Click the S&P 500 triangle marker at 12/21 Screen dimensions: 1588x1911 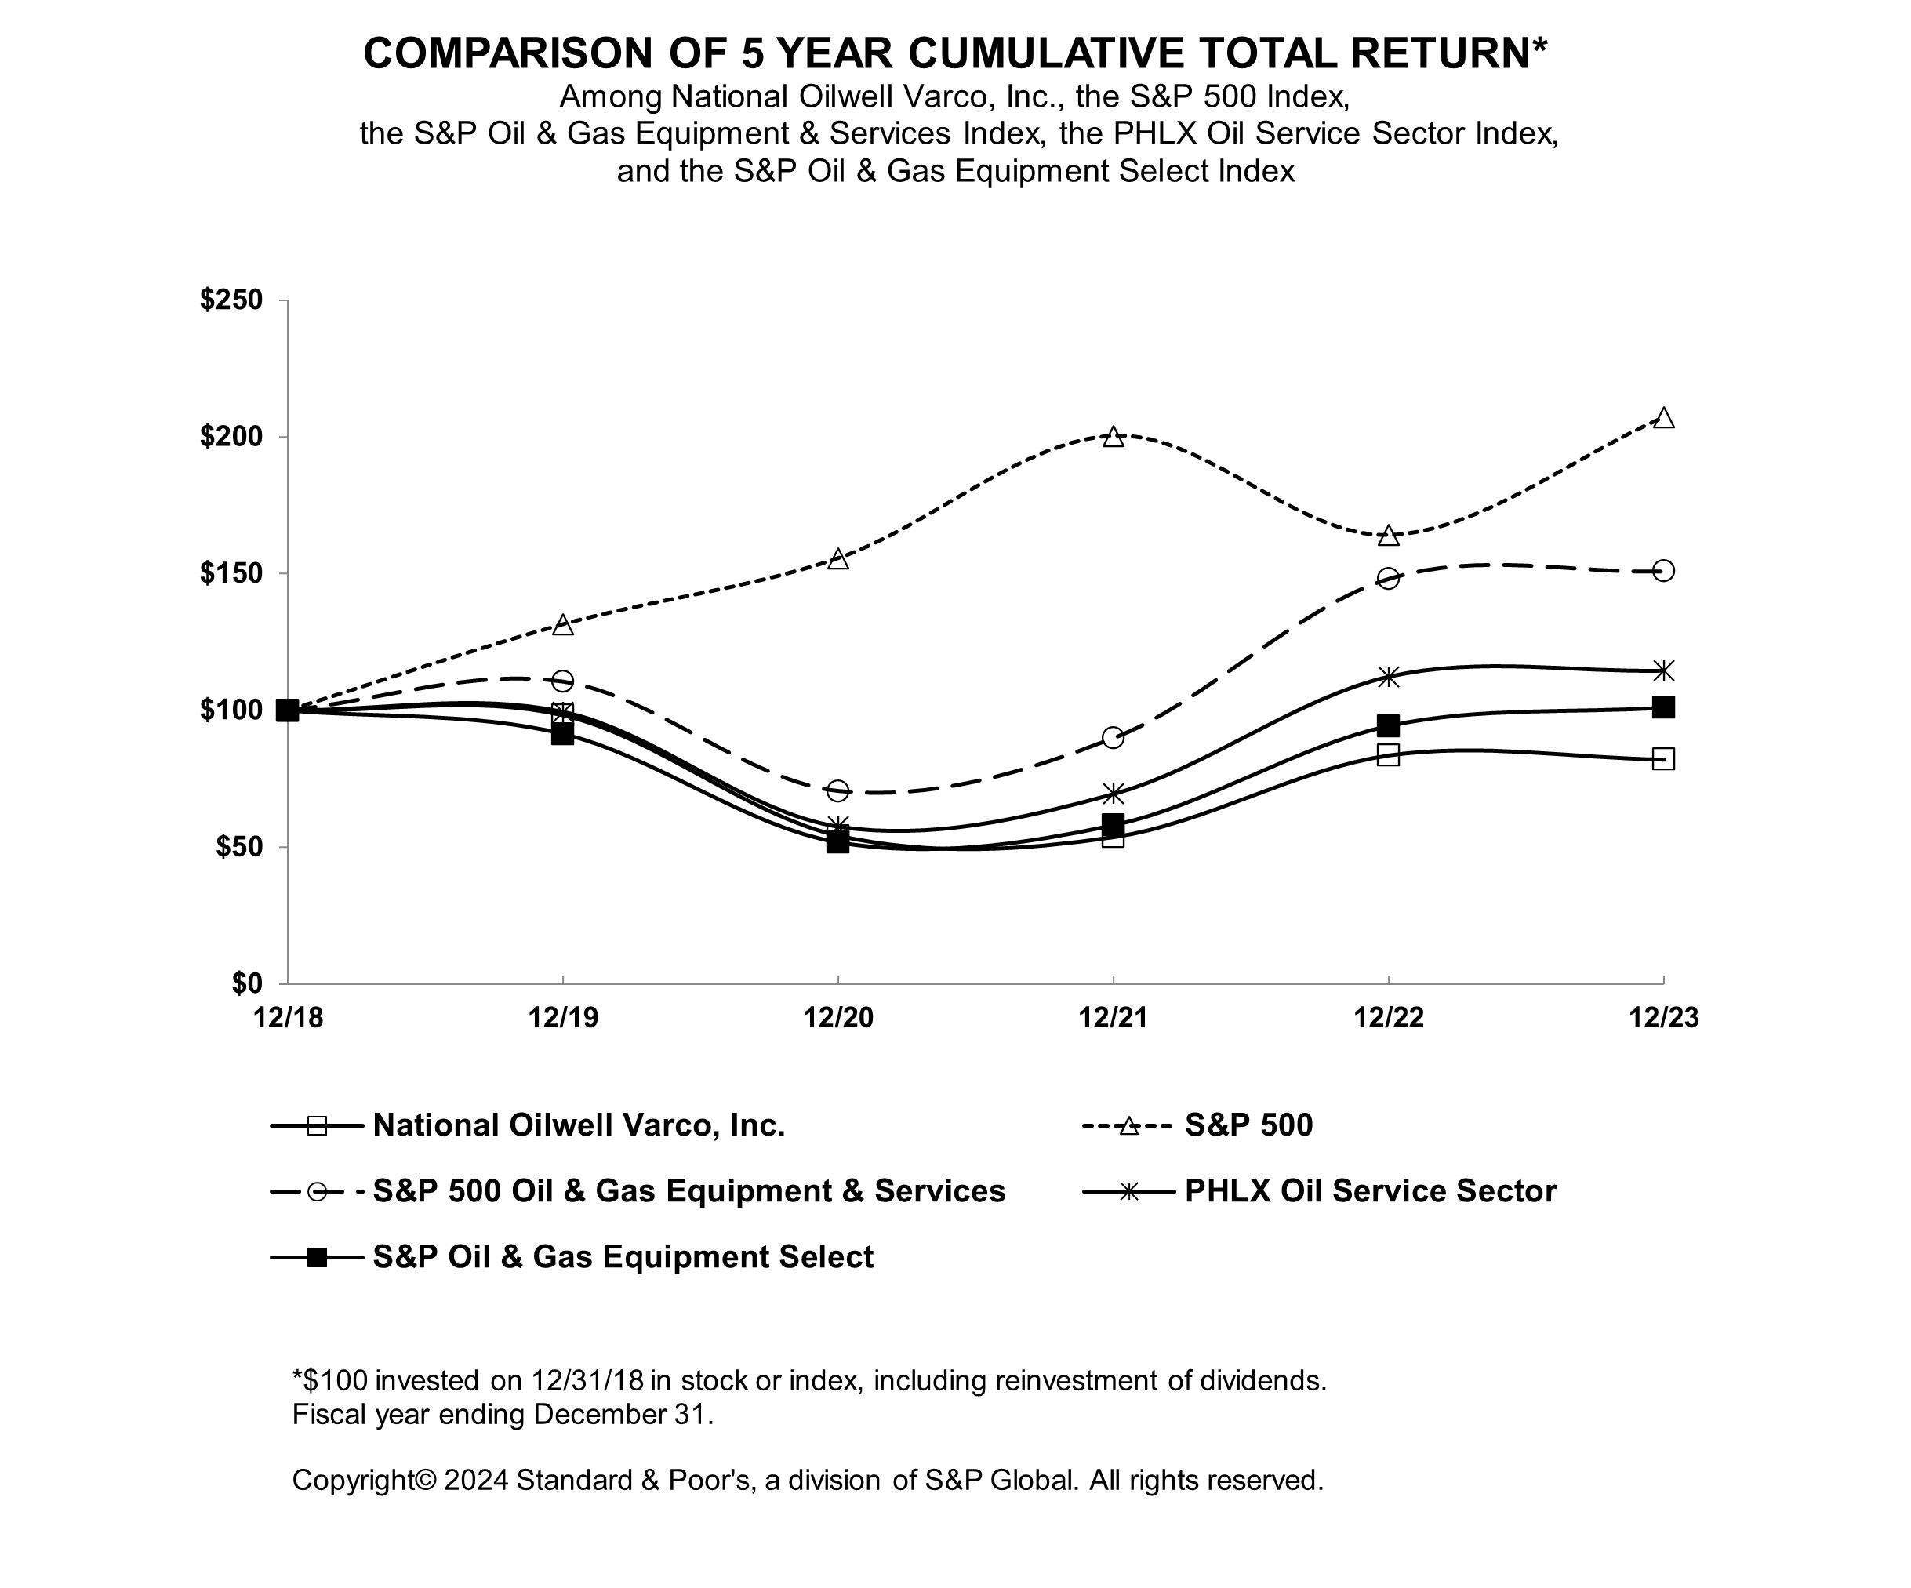click(x=1113, y=437)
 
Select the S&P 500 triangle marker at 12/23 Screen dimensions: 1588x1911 click(x=1663, y=418)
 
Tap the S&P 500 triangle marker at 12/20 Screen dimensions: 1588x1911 click(x=838, y=559)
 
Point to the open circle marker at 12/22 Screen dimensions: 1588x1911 click(x=1388, y=578)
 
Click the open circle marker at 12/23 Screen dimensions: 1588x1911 click(x=1663, y=571)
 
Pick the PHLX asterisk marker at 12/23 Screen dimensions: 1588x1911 click(x=1663, y=670)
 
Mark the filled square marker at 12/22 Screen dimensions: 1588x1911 click(x=1388, y=725)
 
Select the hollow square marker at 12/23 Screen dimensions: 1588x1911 click(x=1663, y=758)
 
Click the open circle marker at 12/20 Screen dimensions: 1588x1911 click(x=838, y=790)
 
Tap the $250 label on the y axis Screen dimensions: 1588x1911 click(x=231, y=300)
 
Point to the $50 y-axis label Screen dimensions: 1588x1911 click(x=238, y=847)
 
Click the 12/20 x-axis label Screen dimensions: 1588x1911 click(x=838, y=1017)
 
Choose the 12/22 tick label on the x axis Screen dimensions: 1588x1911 click(x=1388, y=1017)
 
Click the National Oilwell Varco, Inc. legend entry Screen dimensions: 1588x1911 click(x=579, y=1125)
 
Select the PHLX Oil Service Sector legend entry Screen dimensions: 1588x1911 click(x=1370, y=1191)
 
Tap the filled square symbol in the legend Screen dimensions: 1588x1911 click(x=317, y=1258)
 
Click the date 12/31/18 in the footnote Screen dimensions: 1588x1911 click(x=587, y=1380)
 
